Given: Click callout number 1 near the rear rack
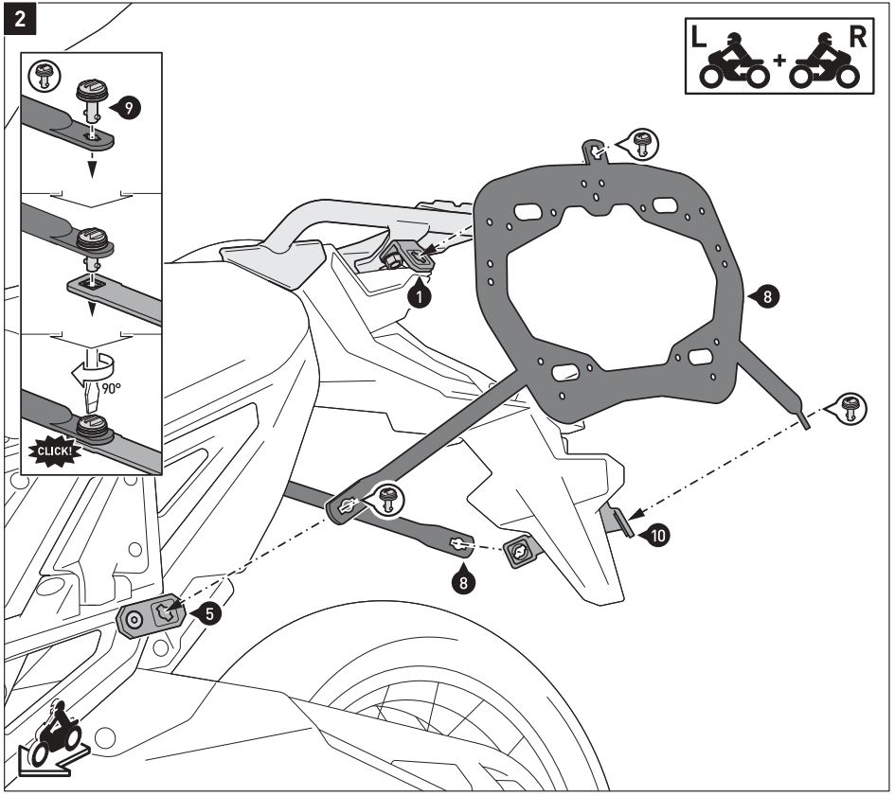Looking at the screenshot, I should (x=421, y=295).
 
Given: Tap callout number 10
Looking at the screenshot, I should (x=655, y=536).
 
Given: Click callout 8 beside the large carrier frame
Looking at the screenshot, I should (x=763, y=296).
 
